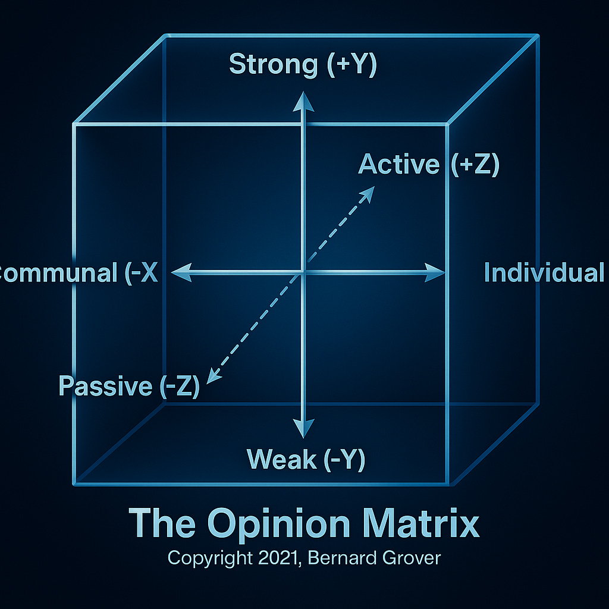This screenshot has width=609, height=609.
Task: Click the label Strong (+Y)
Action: (303, 65)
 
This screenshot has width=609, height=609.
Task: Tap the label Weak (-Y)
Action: (306, 459)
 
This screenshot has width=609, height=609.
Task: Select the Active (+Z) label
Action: (428, 164)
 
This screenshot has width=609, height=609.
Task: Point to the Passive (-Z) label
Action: (128, 387)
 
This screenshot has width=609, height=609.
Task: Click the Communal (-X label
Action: (77, 273)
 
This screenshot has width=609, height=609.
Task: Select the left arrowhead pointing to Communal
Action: (178, 273)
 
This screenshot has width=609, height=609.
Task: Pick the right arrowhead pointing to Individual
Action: (437, 273)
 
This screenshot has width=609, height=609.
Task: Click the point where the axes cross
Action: (304, 273)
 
